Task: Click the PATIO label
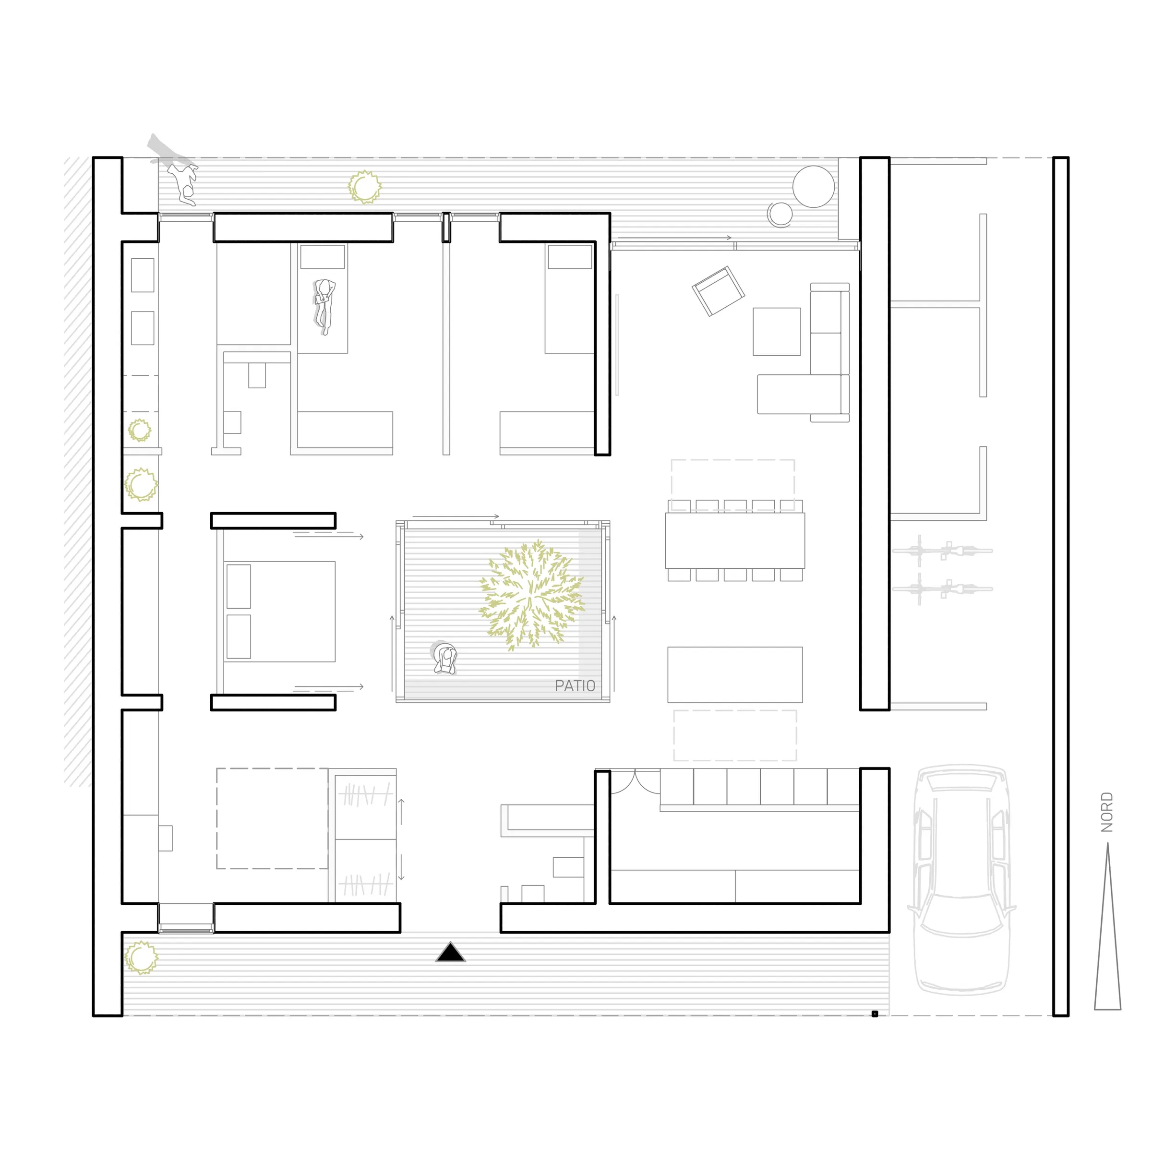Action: pyautogui.click(x=575, y=686)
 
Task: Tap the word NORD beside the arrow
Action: pyautogui.click(x=1107, y=812)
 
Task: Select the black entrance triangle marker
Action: pyautogui.click(x=450, y=952)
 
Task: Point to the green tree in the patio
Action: pyautogui.click(x=531, y=595)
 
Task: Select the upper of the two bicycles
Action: pyautogui.click(x=942, y=551)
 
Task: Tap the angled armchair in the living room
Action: pyautogui.click(x=718, y=291)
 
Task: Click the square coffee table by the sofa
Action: pyautogui.click(x=776, y=332)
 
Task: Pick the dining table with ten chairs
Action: pyautogui.click(x=734, y=540)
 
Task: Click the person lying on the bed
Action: pyautogui.click(x=324, y=307)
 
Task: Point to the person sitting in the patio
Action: pyautogui.click(x=445, y=658)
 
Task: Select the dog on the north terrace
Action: pyautogui.click(x=182, y=184)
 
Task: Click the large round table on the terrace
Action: pyautogui.click(x=813, y=186)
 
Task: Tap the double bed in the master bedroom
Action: pyautogui.click(x=279, y=611)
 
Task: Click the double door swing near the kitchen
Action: pyautogui.click(x=635, y=782)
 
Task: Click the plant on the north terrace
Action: pyautogui.click(x=364, y=187)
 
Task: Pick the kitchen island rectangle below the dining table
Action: pyautogui.click(x=734, y=674)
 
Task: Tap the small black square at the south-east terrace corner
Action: pyautogui.click(x=875, y=1014)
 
